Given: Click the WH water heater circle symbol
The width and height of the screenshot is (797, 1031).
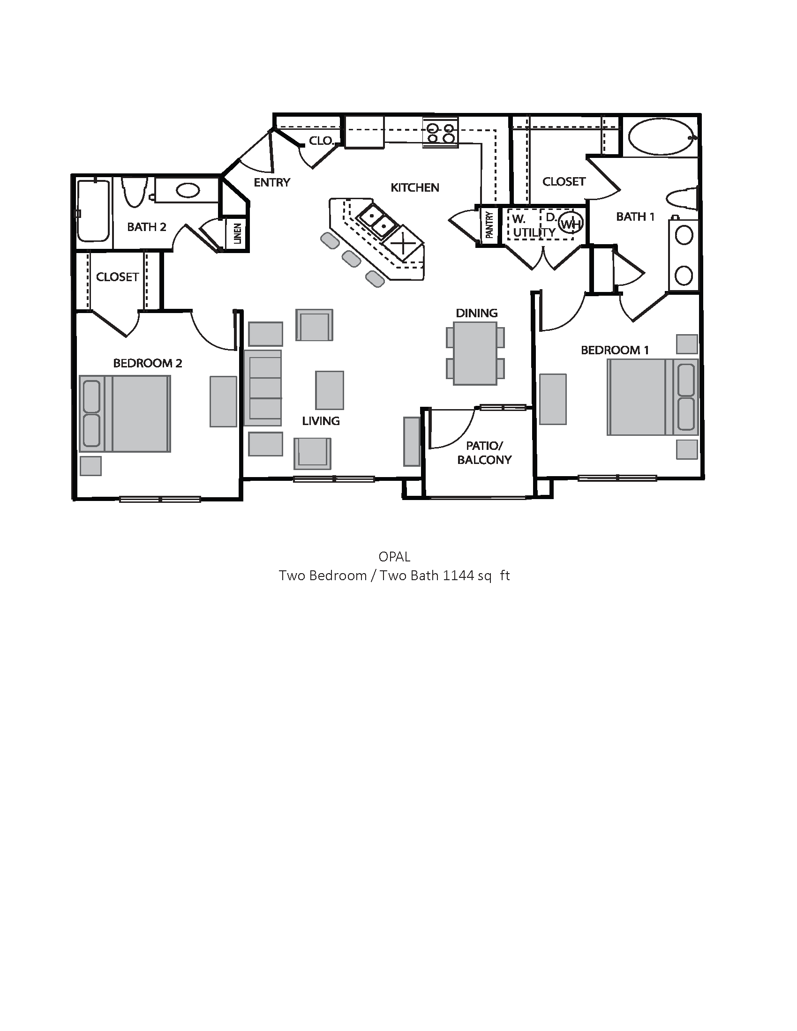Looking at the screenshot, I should (571, 223).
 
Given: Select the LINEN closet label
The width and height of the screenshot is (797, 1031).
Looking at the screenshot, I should (238, 234).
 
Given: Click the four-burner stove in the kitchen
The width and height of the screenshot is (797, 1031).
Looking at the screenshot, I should (441, 132).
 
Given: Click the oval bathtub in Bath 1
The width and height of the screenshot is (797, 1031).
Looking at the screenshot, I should (660, 136).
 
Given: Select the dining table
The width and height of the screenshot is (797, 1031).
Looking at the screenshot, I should (475, 353).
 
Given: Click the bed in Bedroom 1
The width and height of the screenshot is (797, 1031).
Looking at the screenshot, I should (652, 397).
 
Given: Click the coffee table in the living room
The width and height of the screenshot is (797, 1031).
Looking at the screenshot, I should (330, 390).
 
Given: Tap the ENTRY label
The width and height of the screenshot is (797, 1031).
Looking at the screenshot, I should (272, 182).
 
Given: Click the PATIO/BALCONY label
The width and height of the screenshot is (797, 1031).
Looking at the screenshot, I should (484, 453).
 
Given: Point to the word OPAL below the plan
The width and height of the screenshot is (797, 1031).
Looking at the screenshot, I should (394, 557).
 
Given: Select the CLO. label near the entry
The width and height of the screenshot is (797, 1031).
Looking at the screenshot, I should (322, 141).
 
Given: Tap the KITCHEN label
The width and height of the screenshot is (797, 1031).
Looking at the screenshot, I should (414, 187).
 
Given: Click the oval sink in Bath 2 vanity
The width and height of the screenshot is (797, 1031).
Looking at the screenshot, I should (188, 191).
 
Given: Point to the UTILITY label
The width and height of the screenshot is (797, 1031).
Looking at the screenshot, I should (534, 232).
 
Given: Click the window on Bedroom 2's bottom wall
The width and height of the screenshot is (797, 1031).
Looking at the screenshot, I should (160, 499).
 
